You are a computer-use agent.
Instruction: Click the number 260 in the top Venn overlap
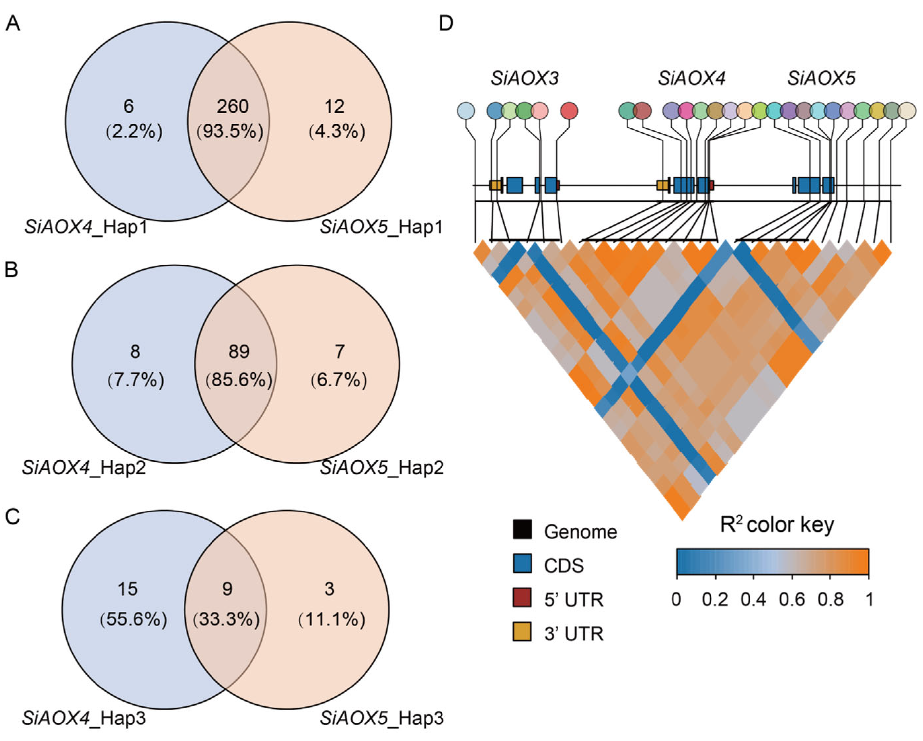click(232, 106)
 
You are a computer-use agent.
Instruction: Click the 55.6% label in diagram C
click(134, 619)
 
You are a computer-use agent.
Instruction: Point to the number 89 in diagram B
click(239, 351)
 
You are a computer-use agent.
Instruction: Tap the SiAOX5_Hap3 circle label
click(381, 718)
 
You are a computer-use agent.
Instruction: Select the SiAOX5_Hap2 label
click(381, 468)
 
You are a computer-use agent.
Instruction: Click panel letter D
click(446, 23)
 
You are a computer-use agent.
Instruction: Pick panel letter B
click(11, 269)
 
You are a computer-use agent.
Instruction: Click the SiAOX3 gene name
click(524, 79)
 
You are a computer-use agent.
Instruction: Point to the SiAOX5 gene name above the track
click(821, 79)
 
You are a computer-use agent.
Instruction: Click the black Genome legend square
click(522, 529)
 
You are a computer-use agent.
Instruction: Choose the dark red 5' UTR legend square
click(522, 598)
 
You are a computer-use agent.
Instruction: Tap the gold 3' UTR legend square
click(522, 631)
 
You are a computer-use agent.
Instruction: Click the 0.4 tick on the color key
click(753, 599)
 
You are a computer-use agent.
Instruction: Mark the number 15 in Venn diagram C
click(128, 589)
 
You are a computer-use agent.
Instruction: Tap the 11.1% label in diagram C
click(332, 619)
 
